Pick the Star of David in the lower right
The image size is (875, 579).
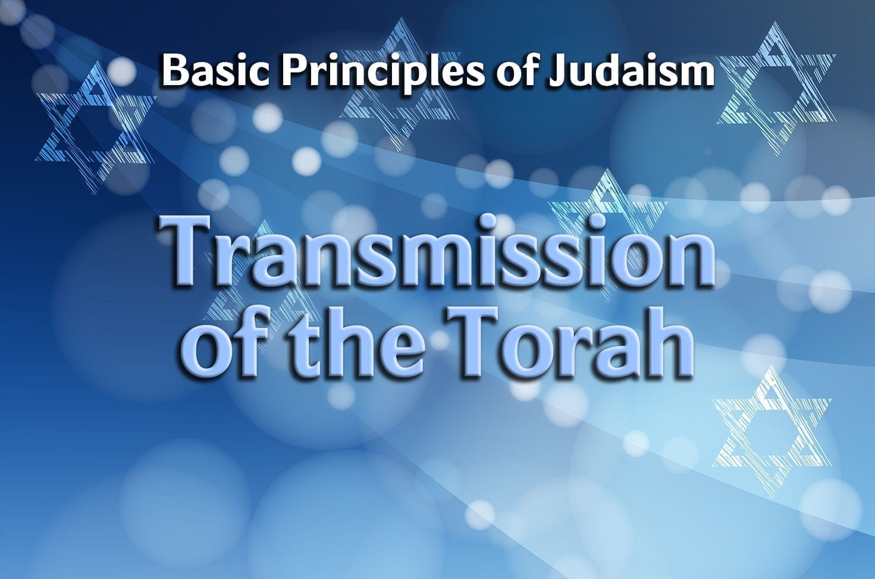(772, 432)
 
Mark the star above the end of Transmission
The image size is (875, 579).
(607, 223)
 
